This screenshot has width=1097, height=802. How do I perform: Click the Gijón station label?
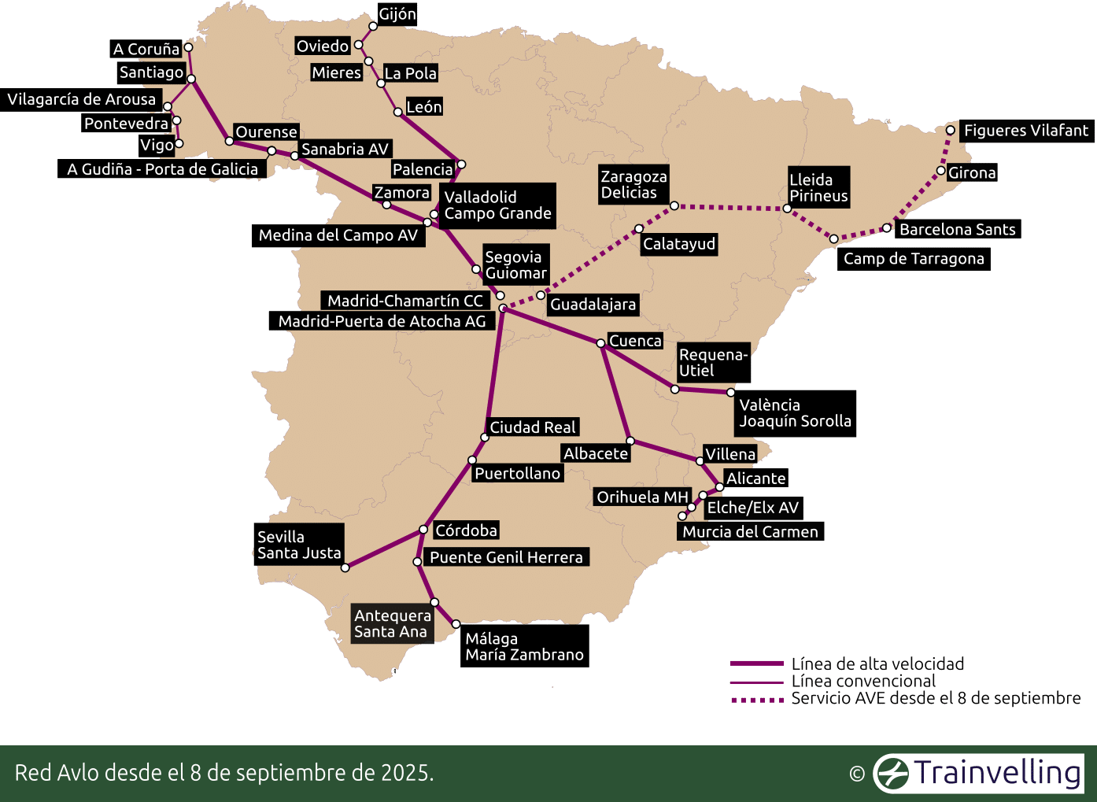pyautogui.click(x=397, y=14)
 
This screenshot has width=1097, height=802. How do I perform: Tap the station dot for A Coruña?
pyautogui.click(x=188, y=47)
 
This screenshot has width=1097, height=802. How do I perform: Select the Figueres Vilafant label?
pyautogui.click(x=1025, y=131)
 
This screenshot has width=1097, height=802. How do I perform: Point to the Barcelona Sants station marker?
pyautogui.click(x=887, y=228)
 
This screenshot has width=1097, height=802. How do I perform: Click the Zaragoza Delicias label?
pyautogui.click(x=633, y=185)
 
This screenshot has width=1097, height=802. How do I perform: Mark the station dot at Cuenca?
pyautogui.click(x=600, y=343)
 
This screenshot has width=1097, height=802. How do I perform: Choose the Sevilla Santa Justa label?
pyautogui.click(x=298, y=545)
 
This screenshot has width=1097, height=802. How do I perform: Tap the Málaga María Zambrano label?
pyautogui.click(x=524, y=646)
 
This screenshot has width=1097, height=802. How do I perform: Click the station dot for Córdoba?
pyautogui.click(x=423, y=530)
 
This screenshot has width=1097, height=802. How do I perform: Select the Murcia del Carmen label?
pyautogui.click(x=750, y=532)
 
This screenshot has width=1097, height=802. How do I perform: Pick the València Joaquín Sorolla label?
pyautogui.click(x=795, y=413)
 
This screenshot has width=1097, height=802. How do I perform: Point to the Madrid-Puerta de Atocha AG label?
pyautogui.click(x=382, y=321)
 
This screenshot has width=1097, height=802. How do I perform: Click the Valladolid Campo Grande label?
pyautogui.click(x=497, y=205)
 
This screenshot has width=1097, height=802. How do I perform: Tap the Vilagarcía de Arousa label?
pyautogui.click(x=81, y=100)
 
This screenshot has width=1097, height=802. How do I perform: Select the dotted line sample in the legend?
pyautogui.click(x=756, y=699)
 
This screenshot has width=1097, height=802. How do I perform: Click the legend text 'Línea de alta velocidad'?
pyautogui.click(x=877, y=664)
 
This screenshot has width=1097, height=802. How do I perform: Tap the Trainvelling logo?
pyautogui.click(x=979, y=773)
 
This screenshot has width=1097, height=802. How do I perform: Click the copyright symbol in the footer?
pyautogui.click(x=857, y=774)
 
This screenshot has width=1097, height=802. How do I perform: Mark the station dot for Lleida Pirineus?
pyautogui.click(x=787, y=209)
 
